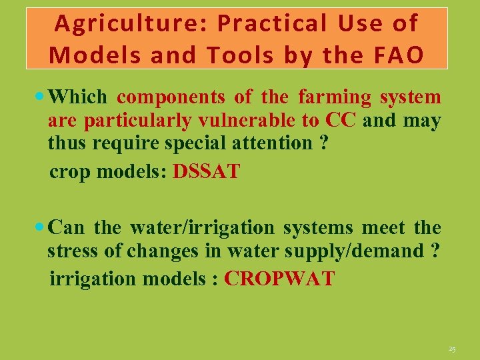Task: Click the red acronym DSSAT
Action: [x=206, y=171]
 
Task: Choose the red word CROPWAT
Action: [x=279, y=278]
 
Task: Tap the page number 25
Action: [x=452, y=349]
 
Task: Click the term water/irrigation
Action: [x=202, y=228]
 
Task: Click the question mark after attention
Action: [x=323, y=143]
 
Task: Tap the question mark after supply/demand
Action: [x=436, y=251]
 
